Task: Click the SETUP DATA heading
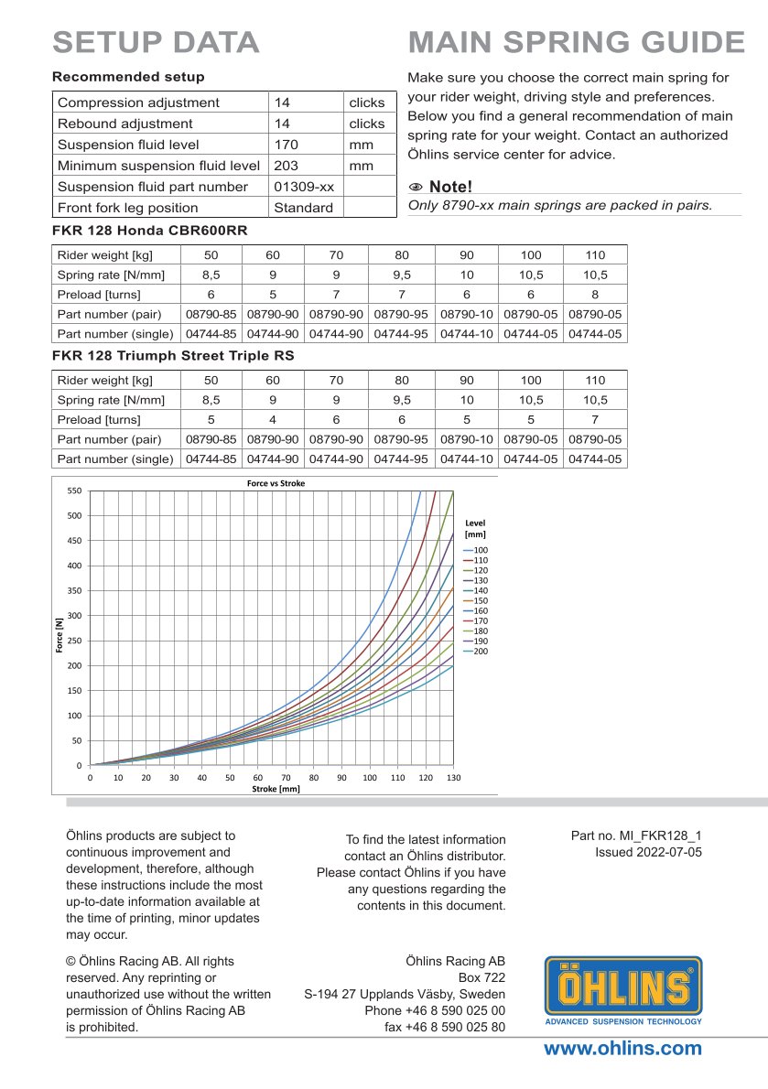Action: tap(156, 42)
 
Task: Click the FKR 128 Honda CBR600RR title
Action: tap(150, 230)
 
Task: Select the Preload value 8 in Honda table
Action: tap(595, 295)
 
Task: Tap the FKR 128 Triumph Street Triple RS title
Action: tap(173, 355)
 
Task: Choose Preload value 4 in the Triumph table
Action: tap(273, 420)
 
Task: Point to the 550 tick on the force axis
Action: tap(75, 491)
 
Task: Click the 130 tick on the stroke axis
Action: tap(453, 777)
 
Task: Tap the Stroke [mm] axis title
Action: tap(276, 788)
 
